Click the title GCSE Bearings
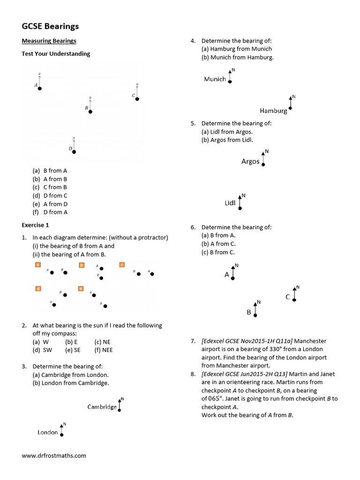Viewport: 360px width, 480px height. (50, 26)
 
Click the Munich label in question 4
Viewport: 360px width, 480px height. (215, 79)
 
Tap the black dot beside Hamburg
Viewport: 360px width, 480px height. (291, 108)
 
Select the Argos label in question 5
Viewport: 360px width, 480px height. (250, 161)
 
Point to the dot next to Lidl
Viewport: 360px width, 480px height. (240, 208)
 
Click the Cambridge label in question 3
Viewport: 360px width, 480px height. (102, 407)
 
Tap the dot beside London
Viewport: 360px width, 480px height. (61, 435)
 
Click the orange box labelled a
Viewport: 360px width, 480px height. (38, 265)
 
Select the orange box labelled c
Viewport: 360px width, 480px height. (122, 265)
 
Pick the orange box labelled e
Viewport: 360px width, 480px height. (81, 289)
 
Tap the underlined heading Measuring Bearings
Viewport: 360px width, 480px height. (49, 41)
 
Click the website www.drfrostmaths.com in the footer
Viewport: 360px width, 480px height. (54, 455)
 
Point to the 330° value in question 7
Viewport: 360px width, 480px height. (253, 349)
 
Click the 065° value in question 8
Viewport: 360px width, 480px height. (212, 399)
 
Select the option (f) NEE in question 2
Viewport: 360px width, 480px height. (104, 350)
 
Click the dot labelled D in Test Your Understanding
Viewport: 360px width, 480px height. (74, 152)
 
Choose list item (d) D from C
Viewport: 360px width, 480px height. (50, 195)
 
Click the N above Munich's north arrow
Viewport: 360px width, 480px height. (233, 70)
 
